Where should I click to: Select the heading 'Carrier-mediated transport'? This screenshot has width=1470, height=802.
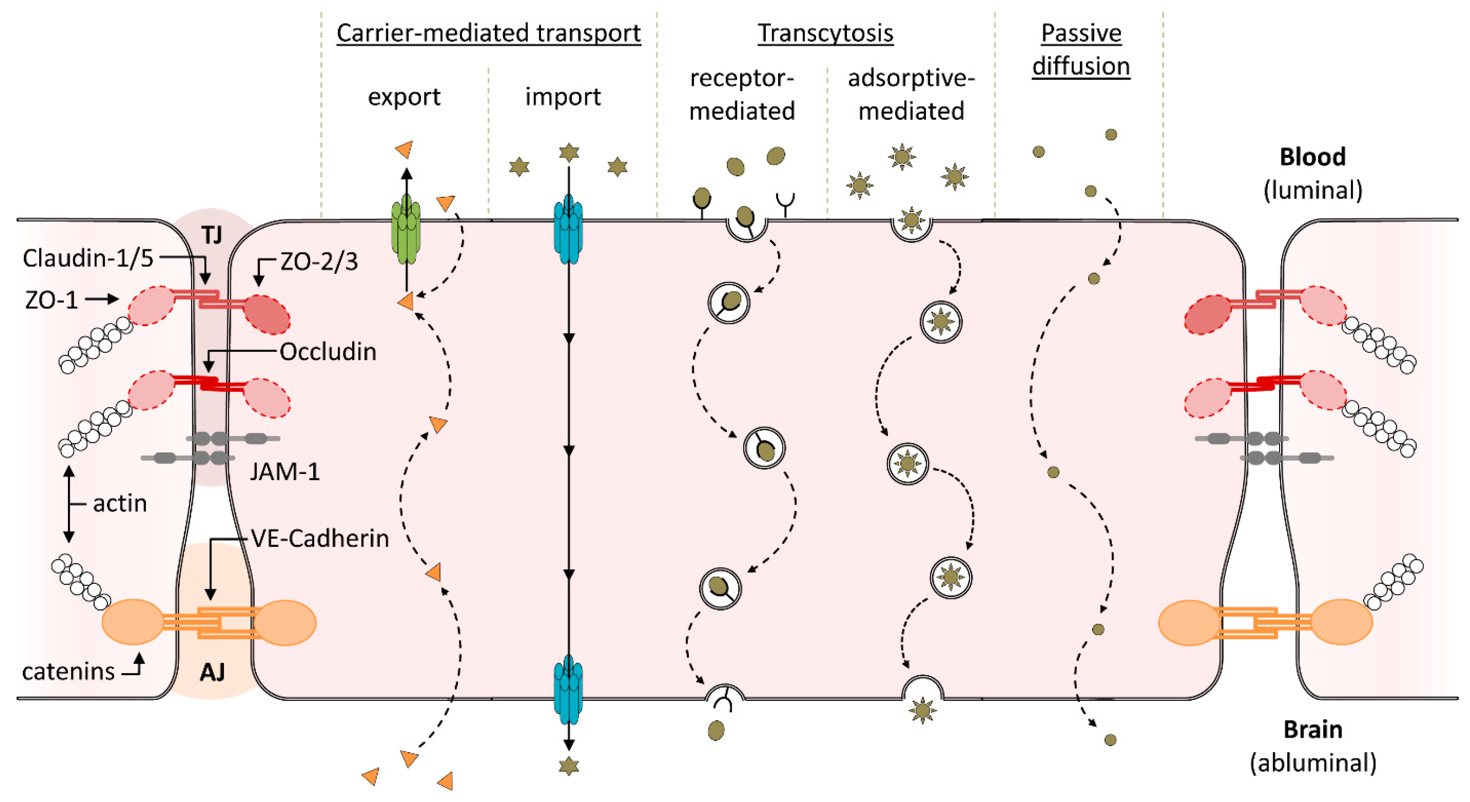pos(489,33)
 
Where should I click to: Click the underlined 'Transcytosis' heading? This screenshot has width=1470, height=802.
pos(825,33)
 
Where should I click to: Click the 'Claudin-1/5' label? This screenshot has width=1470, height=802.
pos(88,258)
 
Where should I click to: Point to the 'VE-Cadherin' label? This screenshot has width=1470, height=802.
pos(320,538)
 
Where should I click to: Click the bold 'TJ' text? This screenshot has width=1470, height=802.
pos(212,235)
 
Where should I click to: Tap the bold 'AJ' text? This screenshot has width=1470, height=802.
pos(212,672)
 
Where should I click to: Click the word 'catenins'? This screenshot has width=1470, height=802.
pos(68,672)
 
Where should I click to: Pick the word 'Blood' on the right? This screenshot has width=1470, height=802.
pos(1312,157)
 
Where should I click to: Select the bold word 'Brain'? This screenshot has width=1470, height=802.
pos(1312,729)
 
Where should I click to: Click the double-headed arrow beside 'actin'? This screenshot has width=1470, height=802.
pos(69,504)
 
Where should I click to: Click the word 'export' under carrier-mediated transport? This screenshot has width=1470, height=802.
pos(404,97)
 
